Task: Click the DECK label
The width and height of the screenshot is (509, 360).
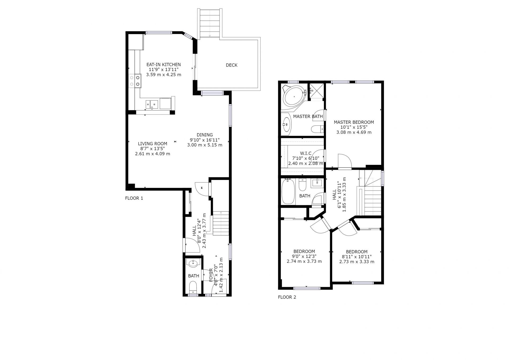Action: pos(231,65)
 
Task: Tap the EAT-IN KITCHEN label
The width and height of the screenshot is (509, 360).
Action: pos(164,64)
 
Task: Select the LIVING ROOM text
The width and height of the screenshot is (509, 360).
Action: pos(152,144)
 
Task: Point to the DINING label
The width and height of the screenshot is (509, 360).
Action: pos(205,135)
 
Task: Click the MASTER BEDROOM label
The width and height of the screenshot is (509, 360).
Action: pos(354,122)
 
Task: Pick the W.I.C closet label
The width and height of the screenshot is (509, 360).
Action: pos(306,153)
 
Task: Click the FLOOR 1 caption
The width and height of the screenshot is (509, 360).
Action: pos(134,198)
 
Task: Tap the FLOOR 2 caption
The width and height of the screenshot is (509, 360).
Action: pos(287,297)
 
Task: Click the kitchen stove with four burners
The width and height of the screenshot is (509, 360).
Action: pos(135,81)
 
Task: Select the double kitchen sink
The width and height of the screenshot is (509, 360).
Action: pos(152,104)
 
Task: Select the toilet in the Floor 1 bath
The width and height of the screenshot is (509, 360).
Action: pos(193,288)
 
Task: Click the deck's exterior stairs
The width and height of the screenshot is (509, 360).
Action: pos(210,23)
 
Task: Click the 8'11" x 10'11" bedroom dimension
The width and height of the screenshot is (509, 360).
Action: pos(357,257)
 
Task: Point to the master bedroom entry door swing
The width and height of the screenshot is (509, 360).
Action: pos(345,161)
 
